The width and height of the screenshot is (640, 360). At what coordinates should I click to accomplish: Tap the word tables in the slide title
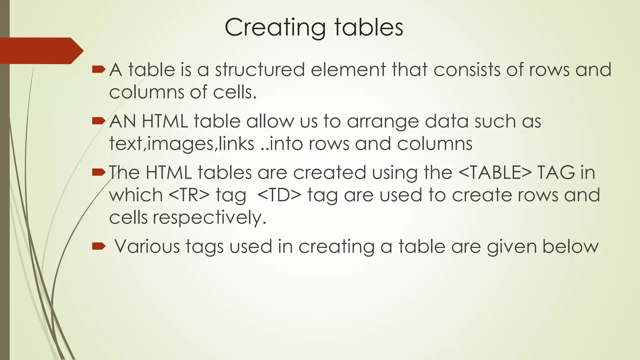[369, 27]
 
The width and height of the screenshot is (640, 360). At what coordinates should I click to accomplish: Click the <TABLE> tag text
[495, 172]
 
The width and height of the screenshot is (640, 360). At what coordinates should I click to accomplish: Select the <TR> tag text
[189, 195]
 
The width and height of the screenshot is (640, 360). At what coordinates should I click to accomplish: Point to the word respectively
[209, 218]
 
